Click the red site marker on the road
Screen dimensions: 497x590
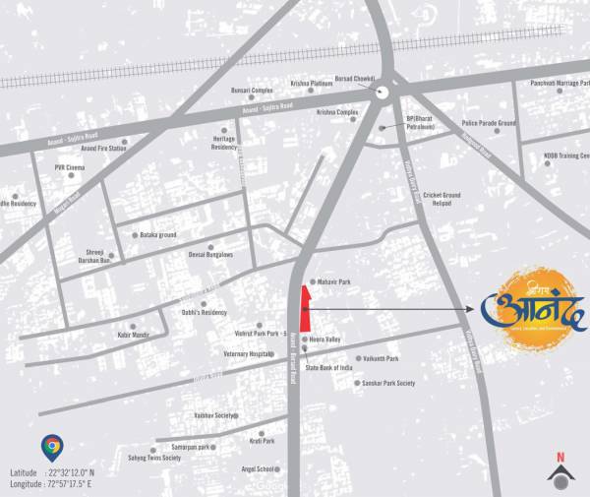(305, 308)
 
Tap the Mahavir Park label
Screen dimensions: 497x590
(331, 282)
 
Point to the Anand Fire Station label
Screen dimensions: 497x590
(103, 148)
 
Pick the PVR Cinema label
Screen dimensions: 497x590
(71, 168)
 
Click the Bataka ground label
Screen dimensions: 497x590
(157, 235)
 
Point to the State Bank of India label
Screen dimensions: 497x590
(330, 367)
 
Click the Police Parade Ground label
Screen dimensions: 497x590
(489, 124)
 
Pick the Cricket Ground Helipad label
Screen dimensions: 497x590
(442, 199)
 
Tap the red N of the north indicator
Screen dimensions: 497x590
(560, 457)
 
